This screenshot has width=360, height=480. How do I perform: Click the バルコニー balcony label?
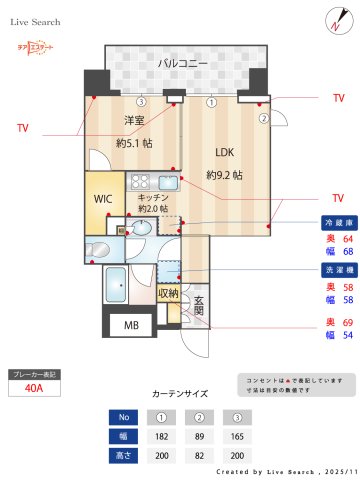[182, 63]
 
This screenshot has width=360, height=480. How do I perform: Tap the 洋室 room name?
[134, 121]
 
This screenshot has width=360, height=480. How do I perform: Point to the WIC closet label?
[103, 198]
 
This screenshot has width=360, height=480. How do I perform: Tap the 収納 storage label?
[168, 293]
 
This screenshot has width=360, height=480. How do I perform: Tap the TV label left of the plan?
[23, 128]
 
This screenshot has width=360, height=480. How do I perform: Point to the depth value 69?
[348, 322]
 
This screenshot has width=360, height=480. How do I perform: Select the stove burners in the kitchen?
[139, 182]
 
